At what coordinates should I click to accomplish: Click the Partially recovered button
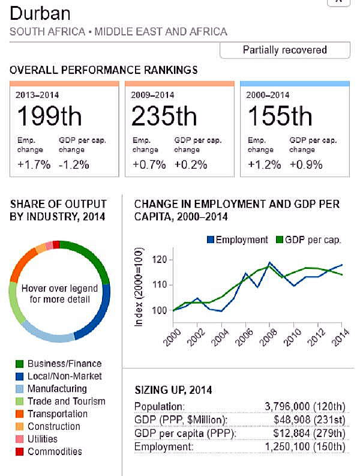[284, 50]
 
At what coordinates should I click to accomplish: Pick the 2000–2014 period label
[266, 94]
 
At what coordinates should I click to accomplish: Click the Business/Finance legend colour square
[19, 364]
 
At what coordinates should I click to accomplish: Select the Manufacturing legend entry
[57, 389]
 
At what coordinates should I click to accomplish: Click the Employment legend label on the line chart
[241, 240]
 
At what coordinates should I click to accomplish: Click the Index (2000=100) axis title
[140, 287]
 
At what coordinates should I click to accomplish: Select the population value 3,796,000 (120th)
[305, 407]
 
